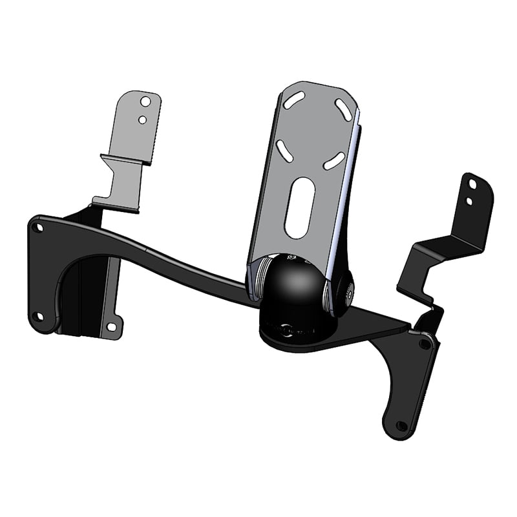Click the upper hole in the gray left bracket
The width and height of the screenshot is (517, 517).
click(146, 101)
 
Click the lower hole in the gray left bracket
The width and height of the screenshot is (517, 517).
click(142, 119)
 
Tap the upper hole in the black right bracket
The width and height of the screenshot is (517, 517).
click(472, 185)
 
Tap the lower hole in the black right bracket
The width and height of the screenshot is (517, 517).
click(470, 201)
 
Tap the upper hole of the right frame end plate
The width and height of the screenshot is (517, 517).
click(425, 343)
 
